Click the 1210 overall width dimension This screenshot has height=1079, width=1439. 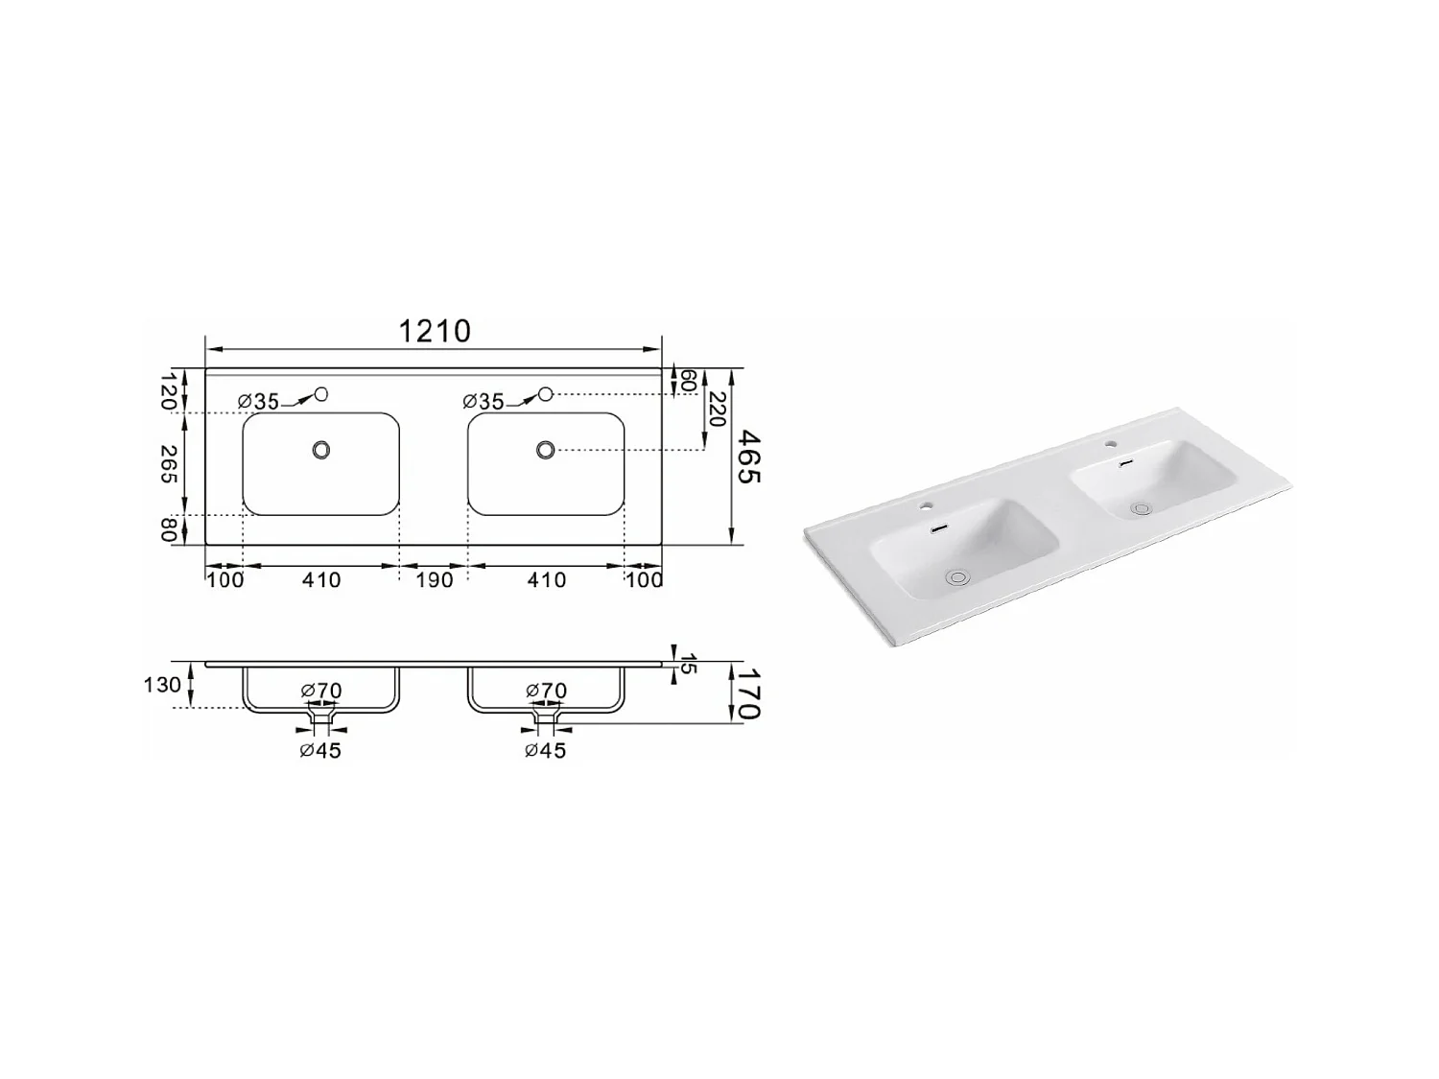coord(435,331)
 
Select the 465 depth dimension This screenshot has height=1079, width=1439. coord(748,457)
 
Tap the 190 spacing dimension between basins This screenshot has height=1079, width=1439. coord(434,579)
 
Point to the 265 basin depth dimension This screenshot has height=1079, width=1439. coord(169,464)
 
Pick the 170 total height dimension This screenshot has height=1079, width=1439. coord(748,692)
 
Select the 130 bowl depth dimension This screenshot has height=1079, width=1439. coord(162,685)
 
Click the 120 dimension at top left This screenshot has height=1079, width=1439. coord(169,391)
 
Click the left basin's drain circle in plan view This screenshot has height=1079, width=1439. coord(321,449)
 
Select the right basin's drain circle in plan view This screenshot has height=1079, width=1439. coord(546,449)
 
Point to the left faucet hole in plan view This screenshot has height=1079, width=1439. coord(321,393)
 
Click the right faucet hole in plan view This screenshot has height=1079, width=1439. coord(546,393)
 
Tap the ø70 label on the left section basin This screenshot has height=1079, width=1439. coord(321,691)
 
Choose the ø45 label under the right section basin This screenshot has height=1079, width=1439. coord(545,750)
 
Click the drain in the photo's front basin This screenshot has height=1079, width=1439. coord(957,576)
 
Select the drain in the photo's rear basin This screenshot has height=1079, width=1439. coord(1140,508)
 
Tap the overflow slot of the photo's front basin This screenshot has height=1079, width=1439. coord(940,528)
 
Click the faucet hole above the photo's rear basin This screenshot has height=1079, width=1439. coord(1111,444)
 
